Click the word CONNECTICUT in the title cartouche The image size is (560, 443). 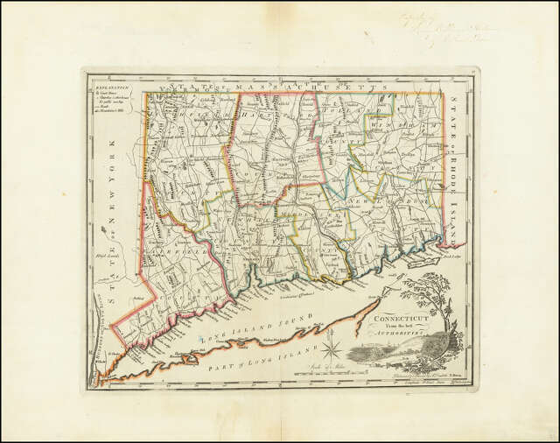(397, 319)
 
